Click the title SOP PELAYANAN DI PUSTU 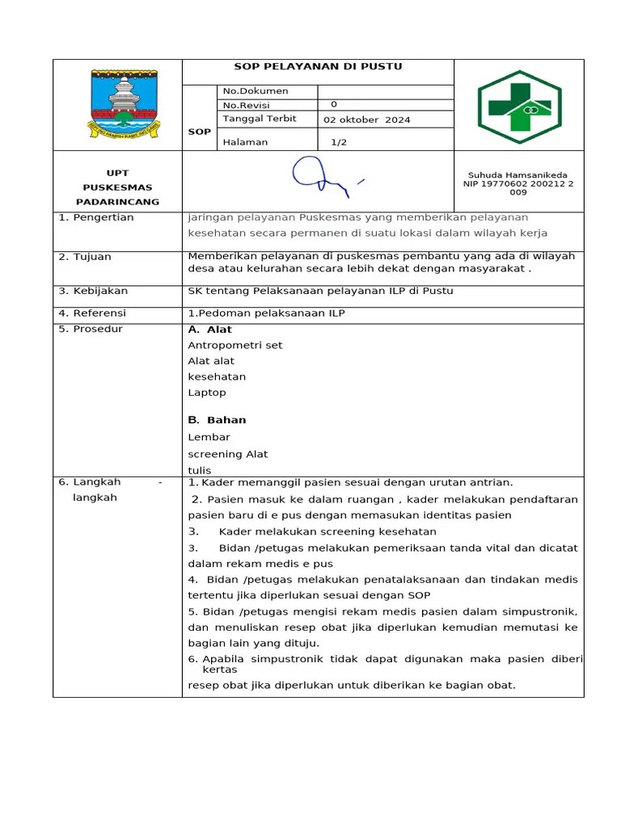pyautogui.click(x=318, y=67)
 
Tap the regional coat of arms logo pyautogui.click(x=118, y=103)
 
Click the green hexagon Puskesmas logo pyautogui.click(x=518, y=106)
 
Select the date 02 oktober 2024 pyautogui.click(x=366, y=120)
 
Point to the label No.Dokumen pyautogui.click(x=256, y=91)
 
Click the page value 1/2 pyautogui.click(x=339, y=142)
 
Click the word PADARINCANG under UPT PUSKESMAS pyautogui.click(x=117, y=202)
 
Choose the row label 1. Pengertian pyautogui.click(x=96, y=218)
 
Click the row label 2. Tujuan pyautogui.click(x=85, y=257)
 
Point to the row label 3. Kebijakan pyautogui.click(x=93, y=292)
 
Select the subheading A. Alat pyautogui.click(x=209, y=330)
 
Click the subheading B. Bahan pyautogui.click(x=217, y=420)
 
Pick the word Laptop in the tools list pyautogui.click(x=207, y=393)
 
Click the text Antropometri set pyautogui.click(x=235, y=346)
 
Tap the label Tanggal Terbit pyautogui.click(x=260, y=119)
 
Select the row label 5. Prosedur pyautogui.click(x=91, y=330)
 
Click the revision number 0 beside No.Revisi pyautogui.click(x=334, y=105)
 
